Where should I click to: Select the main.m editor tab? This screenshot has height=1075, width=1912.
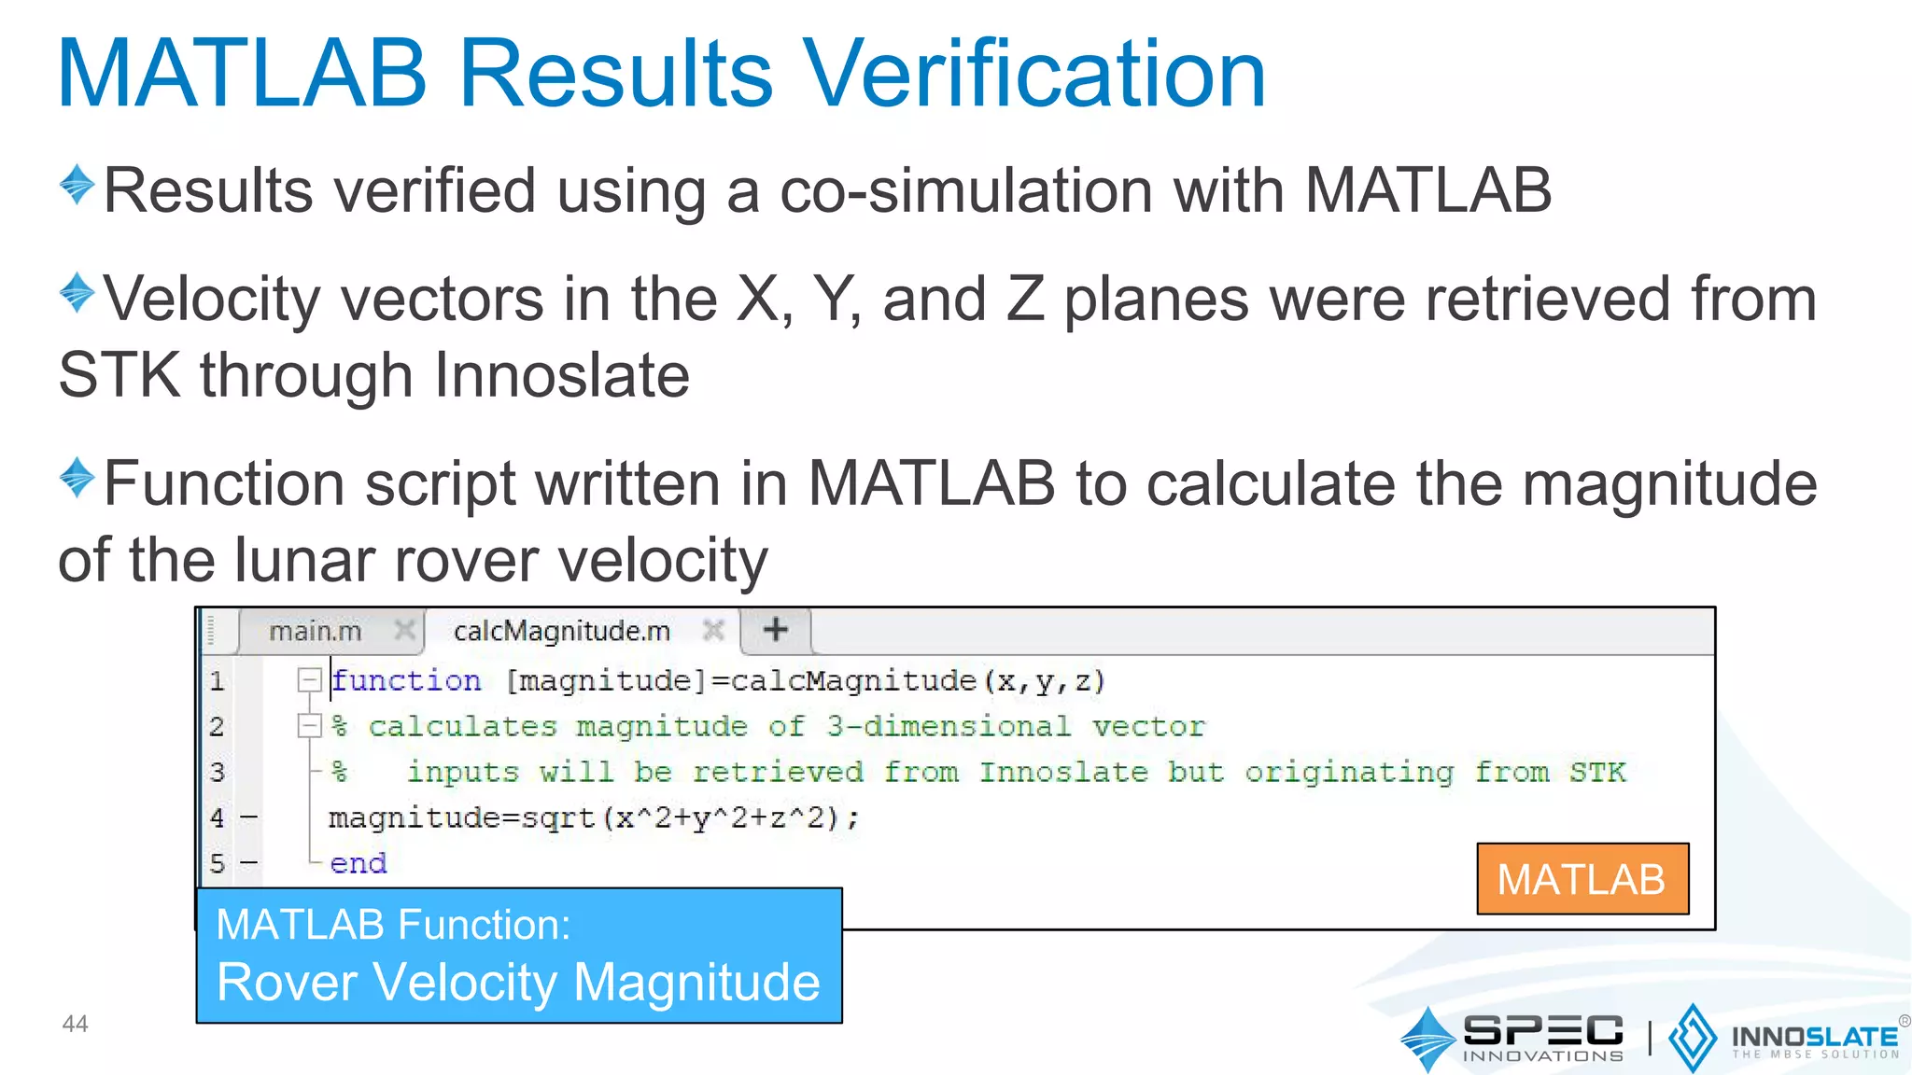point(315,632)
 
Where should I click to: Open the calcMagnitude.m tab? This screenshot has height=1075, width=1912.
point(562,632)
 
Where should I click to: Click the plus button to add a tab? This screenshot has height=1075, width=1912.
point(775,630)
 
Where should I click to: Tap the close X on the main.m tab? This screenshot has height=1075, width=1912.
point(404,631)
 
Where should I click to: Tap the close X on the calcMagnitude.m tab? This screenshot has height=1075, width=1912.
point(713,631)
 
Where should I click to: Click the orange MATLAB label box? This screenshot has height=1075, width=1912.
point(1582,879)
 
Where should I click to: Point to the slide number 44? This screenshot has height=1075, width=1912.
point(75,1024)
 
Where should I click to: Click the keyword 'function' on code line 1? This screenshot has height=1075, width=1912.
point(407,681)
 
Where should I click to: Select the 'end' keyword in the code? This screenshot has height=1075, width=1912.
point(358,864)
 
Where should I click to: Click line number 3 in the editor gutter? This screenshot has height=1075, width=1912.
point(218,773)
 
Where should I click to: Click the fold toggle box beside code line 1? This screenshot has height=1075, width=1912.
point(309,680)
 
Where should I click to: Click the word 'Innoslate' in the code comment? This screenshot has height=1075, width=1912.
point(1062,773)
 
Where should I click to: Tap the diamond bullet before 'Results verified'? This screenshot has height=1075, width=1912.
point(77,184)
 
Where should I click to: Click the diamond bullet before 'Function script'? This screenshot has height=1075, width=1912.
point(77,477)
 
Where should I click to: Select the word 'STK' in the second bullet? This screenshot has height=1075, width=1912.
point(119,375)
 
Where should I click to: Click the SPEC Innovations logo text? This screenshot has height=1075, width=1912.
point(1542,1037)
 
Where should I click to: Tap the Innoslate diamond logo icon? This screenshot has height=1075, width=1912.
point(1691,1038)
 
